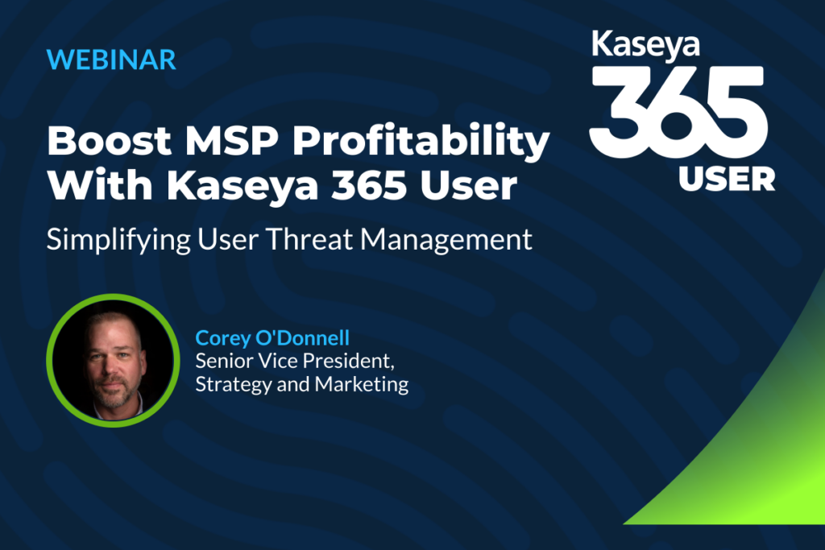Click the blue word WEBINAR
point(111,60)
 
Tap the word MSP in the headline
point(232,140)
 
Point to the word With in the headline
point(100,185)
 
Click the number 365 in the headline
point(369,185)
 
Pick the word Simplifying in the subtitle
point(118,240)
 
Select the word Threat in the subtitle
point(309,239)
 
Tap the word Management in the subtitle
point(446,240)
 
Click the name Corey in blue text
point(222,339)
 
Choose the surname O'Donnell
point(303,337)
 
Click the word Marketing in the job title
point(362,385)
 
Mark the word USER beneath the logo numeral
point(727,180)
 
